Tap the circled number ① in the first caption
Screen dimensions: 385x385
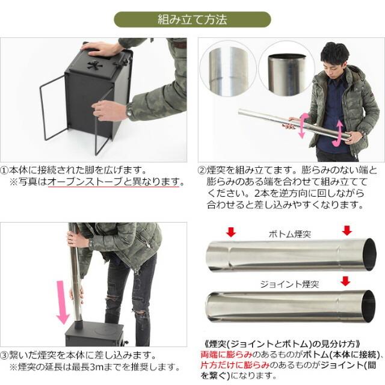point(6,170)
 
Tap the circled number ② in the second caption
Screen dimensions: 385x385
point(203,170)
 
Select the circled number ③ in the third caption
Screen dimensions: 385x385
point(6,356)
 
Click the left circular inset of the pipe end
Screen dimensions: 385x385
point(231,66)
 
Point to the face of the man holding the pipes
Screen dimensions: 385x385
point(334,63)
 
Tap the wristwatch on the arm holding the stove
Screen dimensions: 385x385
point(129,111)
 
